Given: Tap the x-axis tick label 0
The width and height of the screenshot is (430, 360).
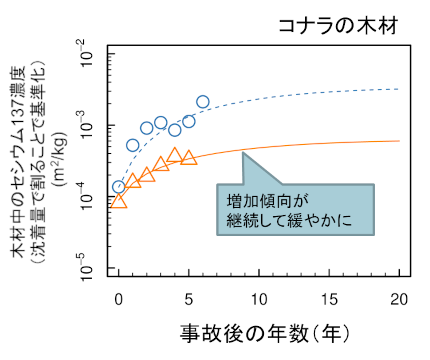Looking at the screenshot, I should (x=119, y=298).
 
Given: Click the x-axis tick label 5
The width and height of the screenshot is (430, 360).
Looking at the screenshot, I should (x=189, y=298).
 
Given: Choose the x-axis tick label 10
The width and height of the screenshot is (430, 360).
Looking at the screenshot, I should (x=259, y=298).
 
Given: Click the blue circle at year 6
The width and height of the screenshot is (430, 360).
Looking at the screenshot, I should (x=203, y=102).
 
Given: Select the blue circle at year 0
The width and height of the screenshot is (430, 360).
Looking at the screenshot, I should (x=119, y=187).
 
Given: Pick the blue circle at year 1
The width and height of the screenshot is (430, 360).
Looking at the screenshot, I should (x=133, y=145).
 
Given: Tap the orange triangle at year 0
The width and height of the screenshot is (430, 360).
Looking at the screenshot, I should (x=119, y=201).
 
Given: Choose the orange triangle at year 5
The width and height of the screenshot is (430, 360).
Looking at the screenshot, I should (x=189, y=158).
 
